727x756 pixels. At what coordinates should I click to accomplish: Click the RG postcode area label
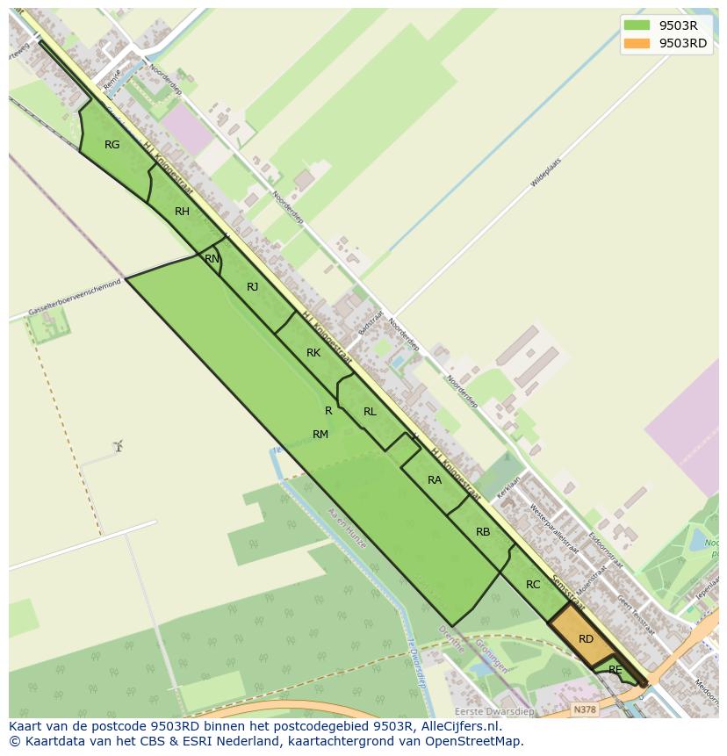click(x=112, y=145)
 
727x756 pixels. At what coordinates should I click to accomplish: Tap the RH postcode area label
click(x=182, y=212)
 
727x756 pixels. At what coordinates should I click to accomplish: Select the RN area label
click(x=212, y=259)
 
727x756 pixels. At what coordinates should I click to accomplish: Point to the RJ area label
click(x=253, y=287)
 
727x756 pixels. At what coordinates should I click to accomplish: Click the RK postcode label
click(x=313, y=353)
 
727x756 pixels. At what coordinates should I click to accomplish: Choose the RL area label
click(x=370, y=412)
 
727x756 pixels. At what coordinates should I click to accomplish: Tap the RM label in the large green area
click(x=320, y=435)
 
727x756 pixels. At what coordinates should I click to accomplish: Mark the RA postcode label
click(x=435, y=480)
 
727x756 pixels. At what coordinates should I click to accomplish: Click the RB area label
click(x=483, y=532)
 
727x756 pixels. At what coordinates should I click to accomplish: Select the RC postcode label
click(x=533, y=585)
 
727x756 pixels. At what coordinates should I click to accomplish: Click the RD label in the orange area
click(x=586, y=639)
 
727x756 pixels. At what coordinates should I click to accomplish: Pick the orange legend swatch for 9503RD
click(x=638, y=44)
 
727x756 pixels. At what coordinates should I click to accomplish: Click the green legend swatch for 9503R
click(x=638, y=25)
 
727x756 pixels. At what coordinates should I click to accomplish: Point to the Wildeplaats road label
click(x=545, y=173)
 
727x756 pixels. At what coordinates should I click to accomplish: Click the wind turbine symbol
click(x=118, y=446)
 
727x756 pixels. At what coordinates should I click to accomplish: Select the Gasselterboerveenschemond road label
click(x=74, y=299)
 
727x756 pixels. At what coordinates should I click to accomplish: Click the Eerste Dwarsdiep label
click(x=493, y=711)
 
